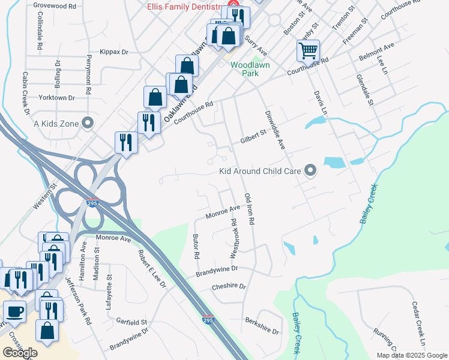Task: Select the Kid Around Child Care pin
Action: coord(310,172)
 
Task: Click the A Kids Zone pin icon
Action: coord(88,124)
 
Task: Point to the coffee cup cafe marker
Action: coord(14,312)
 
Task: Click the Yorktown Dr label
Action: coord(56,97)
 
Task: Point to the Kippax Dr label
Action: coord(115,52)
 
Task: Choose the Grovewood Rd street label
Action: coord(55,6)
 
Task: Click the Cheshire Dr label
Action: coord(229,287)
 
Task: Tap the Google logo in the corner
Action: coord(20,353)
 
